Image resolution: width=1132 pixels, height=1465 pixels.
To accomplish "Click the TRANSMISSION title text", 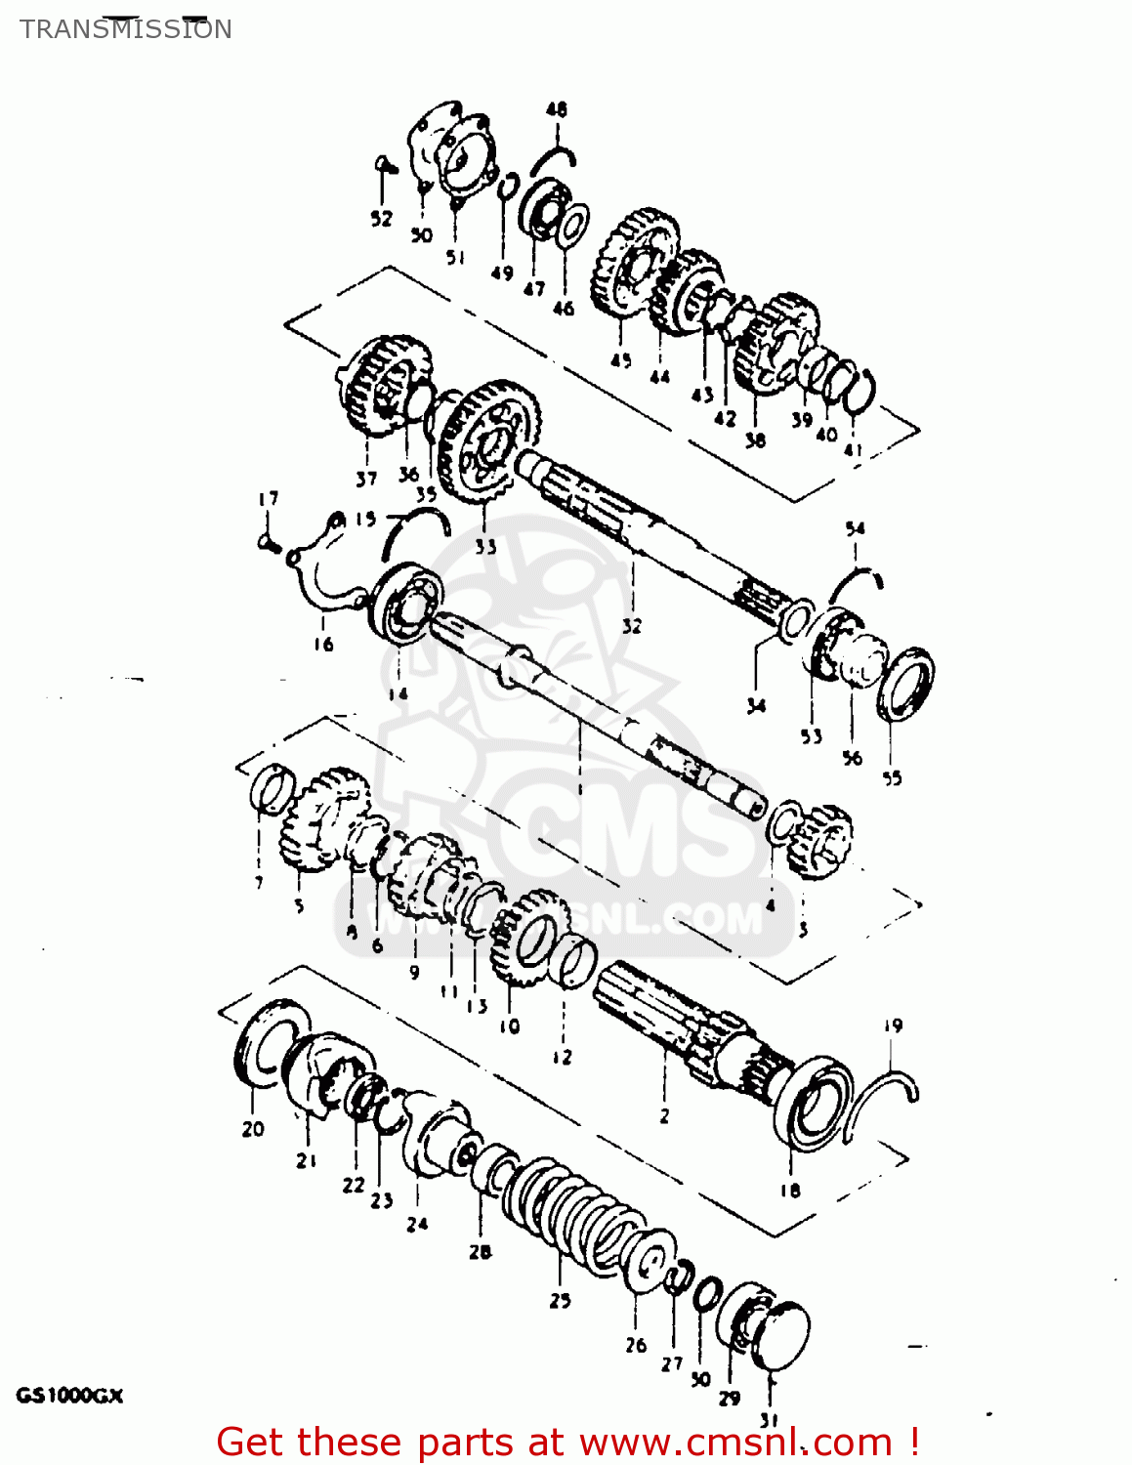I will pyautogui.click(x=126, y=29).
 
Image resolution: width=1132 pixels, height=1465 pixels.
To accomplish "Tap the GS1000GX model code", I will pyautogui.click(x=69, y=1396).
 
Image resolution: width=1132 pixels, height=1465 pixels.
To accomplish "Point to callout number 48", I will pyautogui.click(x=556, y=109).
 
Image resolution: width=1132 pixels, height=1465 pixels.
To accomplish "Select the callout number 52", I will pyautogui.click(x=381, y=219).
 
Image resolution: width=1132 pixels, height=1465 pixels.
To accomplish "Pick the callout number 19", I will pyautogui.click(x=893, y=1025).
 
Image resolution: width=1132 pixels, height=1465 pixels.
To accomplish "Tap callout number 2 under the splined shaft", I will pyautogui.click(x=664, y=1115).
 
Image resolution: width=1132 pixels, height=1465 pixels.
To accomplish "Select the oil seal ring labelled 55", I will pyautogui.click(x=905, y=683).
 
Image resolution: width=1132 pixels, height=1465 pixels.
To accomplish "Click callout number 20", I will pyautogui.click(x=253, y=1129).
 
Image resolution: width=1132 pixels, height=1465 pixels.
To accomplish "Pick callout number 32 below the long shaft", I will pyautogui.click(x=632, y=626).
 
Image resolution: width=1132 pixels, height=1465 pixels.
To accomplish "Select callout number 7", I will pyautogui.click(x=259, y=883).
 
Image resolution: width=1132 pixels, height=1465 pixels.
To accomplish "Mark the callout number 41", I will pyautogui.click(x=854, y=450).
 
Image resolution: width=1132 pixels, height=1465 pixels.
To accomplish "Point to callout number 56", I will pyautogui.click(x=853, y=757).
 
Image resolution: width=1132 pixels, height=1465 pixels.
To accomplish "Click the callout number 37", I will pyautogui.click(x=366, y=479).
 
